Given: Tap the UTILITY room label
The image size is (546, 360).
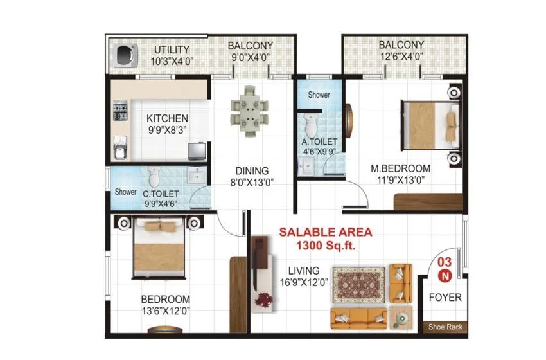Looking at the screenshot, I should [x=172, y=50].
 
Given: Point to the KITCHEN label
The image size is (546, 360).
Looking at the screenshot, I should [x=167, y=118].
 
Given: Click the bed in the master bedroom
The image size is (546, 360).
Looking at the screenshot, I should [x=428, y=124].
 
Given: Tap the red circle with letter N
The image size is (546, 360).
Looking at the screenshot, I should [x=443, y=275].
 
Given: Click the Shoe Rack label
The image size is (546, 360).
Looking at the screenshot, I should [x=445, y=327].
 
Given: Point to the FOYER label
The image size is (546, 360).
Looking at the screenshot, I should [x=445, y=298].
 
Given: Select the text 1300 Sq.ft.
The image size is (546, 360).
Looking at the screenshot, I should [x=324, y=245].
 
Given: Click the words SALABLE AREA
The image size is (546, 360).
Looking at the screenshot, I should [x=324, y=232].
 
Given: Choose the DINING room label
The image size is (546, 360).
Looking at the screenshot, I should [x=251, y=171].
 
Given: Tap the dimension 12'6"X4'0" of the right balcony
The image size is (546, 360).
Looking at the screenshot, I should [x=401, y=57].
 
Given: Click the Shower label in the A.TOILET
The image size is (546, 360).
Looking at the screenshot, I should [x=319, y=94].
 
